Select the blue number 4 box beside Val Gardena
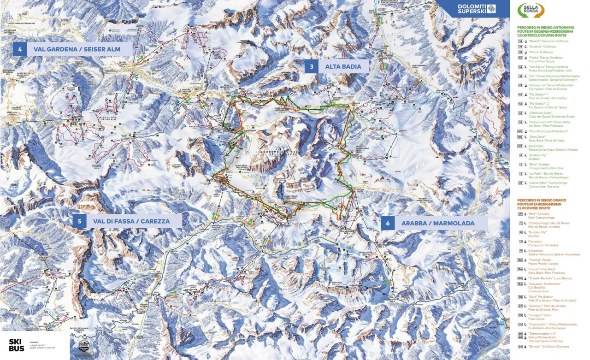pyautogui.click(x=20, y=49)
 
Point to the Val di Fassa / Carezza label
pyautogui.click(x=131, y=221)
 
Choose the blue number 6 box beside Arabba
pyautogui.click(x=388, y=223)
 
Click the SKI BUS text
pyautogui.click(x=17, y=345)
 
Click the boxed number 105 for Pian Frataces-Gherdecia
pyautogui.click(x=521, y=131)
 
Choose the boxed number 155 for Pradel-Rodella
pyautogui.click(x=521, y=278)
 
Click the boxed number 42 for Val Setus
pyautogui.click(x=521, y=67)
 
